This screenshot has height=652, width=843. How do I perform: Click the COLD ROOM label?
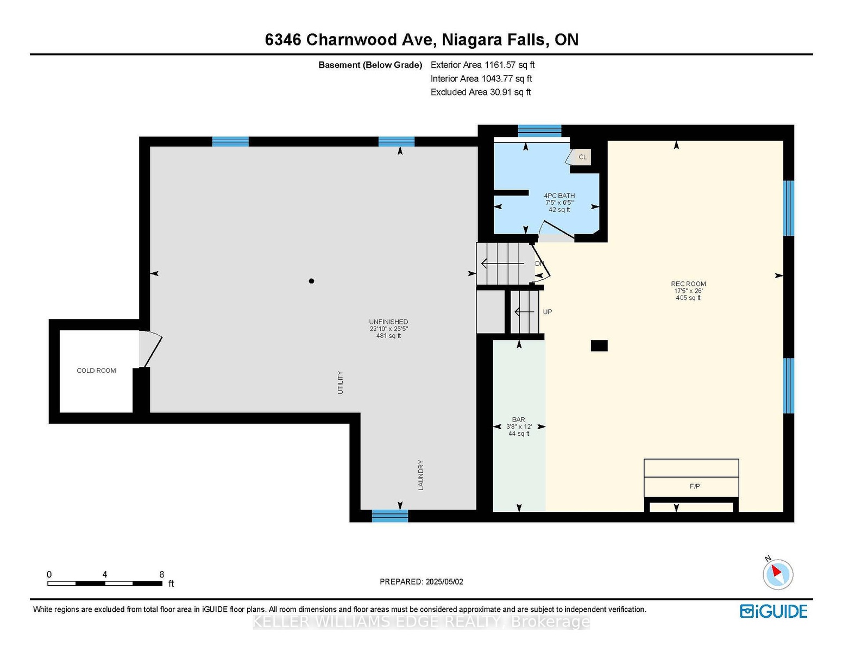tap(96, 371)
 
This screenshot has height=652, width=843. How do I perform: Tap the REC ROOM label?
tap(688, 284)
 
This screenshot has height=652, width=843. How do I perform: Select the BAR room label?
tap(519, 419)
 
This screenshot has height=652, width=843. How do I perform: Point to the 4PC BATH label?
tap(559, 196)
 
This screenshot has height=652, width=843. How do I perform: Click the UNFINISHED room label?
tap(388, 322)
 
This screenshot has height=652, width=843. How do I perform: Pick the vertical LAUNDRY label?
tap(421, 475)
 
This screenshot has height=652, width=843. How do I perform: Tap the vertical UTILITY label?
tap(340, 383)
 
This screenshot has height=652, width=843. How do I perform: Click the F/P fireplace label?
tap(695, 486)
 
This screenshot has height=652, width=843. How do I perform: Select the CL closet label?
tap(582, 157)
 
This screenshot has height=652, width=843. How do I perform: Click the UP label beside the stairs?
tap(548, 312)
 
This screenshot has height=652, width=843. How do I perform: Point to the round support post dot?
tap(311, 281)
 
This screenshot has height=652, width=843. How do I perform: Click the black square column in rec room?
tap(599, 346)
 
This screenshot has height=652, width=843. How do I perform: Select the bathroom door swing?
tap(556, 230)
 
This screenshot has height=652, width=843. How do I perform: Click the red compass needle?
tap(776, 570)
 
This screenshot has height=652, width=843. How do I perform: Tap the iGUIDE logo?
tap(773, 611)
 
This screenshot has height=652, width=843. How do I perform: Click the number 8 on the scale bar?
tap(162, 574)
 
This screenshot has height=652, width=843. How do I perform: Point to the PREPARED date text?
tap(421, 581)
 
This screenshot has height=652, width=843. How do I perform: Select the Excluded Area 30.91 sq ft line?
tap(481, 92)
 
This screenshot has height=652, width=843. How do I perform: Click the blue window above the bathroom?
tap(539, 131)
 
